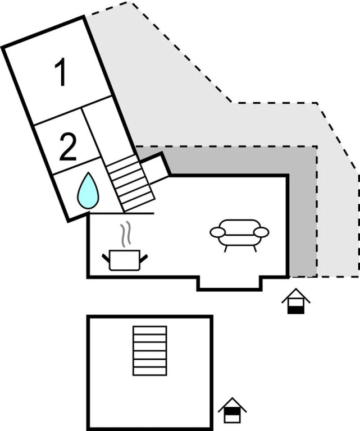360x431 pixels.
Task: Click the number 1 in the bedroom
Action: point(61,74)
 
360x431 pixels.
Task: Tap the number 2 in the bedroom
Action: point(67,148)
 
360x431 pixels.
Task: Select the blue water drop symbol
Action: point(88,191)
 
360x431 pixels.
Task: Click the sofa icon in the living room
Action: point(239,234)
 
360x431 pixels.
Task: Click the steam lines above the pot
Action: point(127,235)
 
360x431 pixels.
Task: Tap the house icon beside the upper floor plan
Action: point(295,301)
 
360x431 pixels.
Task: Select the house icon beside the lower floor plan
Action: point(232,410)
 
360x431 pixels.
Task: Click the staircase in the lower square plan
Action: point(149,350)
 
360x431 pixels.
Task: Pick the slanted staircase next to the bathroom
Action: point(130,183)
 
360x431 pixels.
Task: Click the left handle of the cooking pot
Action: point(106,258)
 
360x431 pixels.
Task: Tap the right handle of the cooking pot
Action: point(144,258)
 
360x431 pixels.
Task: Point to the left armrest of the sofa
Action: point(217,232)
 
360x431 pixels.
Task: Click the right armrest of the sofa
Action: point(262,232)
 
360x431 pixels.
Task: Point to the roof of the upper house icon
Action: point(295,294)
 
